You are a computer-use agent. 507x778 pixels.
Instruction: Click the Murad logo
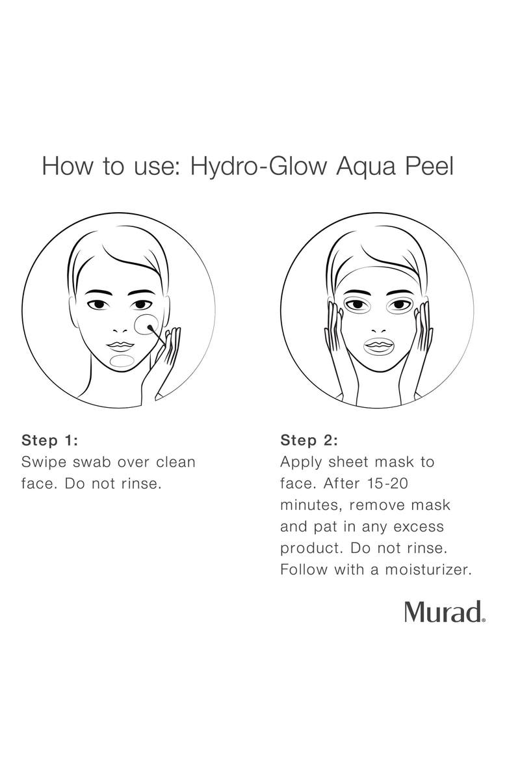(x=445, y=612)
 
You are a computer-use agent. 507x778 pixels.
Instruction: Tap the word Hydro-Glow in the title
(x=259, y=167)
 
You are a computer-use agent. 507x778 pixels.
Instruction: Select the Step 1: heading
(x=50, y=440)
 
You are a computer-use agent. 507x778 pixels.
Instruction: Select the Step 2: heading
(x=309, y=440)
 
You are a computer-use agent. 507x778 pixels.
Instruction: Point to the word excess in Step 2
(x=415, y=526)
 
